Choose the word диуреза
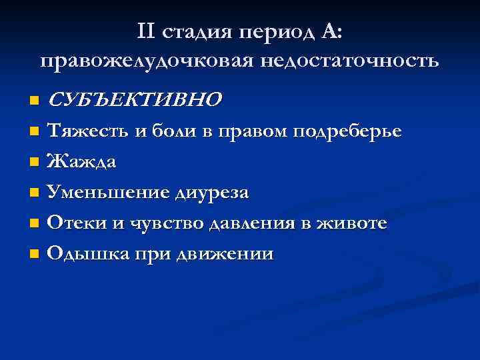[211, 193]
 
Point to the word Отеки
[77, 223]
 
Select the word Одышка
[83, 254]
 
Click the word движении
[231, 254]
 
